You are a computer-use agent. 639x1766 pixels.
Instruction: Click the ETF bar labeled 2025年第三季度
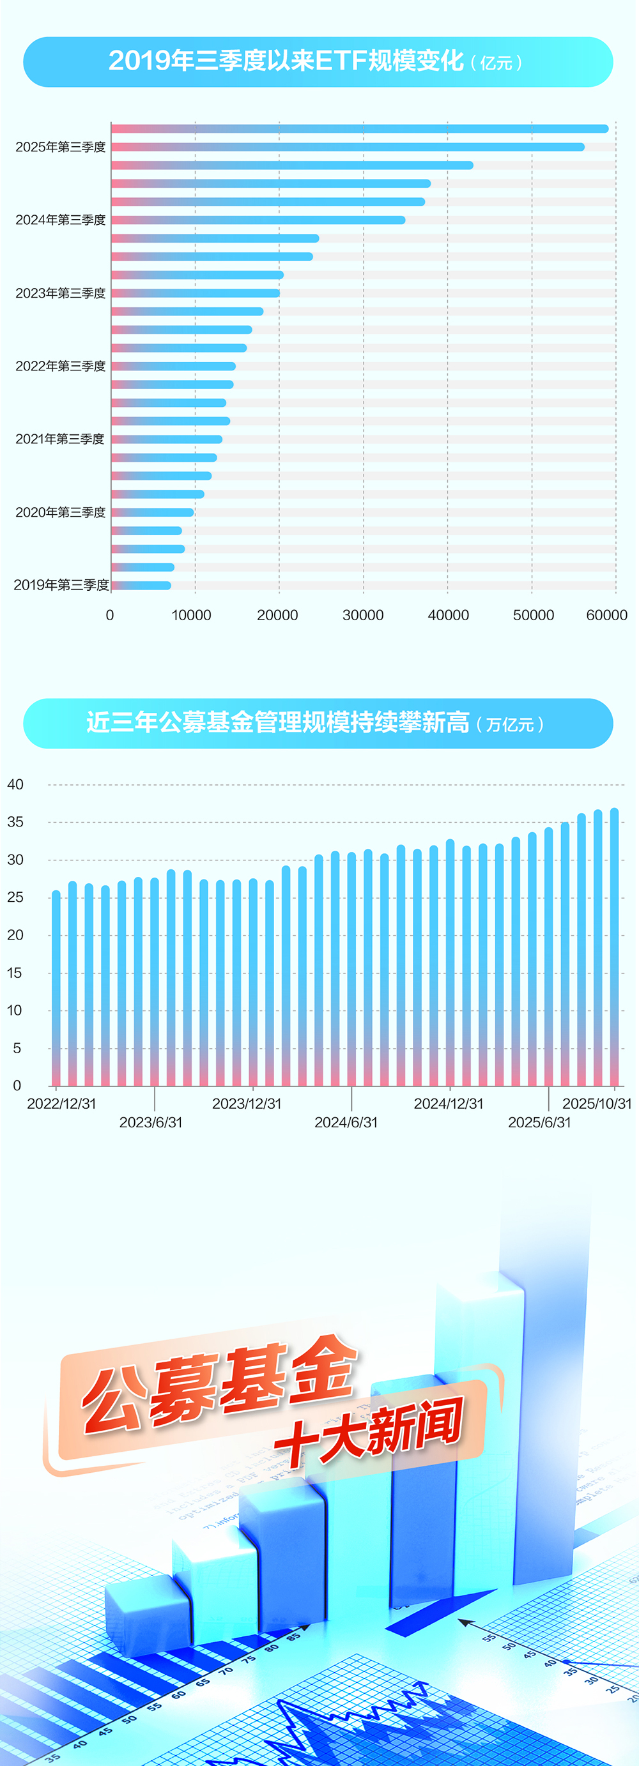coord(348,147)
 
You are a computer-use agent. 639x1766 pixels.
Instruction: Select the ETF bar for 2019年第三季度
coord(141,586)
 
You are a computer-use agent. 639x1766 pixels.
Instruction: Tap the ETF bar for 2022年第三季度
coord(173,366)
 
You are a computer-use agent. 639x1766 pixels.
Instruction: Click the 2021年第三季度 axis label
coord(59,439)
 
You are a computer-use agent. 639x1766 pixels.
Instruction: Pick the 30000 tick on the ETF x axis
coord(363,615)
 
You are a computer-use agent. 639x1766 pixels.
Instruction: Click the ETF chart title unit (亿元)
coord(497,63)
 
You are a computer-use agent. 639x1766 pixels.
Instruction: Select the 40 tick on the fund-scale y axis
coord(15,784)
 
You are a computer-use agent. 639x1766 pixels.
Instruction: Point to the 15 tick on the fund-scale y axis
coord(15,973)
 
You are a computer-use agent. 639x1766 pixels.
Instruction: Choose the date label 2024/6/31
coord(346,1122)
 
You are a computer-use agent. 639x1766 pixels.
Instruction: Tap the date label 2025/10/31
coord(596,1104)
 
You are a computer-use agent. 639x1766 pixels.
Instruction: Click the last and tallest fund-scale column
coord(614,946)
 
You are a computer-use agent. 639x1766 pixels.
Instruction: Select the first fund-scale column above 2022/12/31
coord(56,987)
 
